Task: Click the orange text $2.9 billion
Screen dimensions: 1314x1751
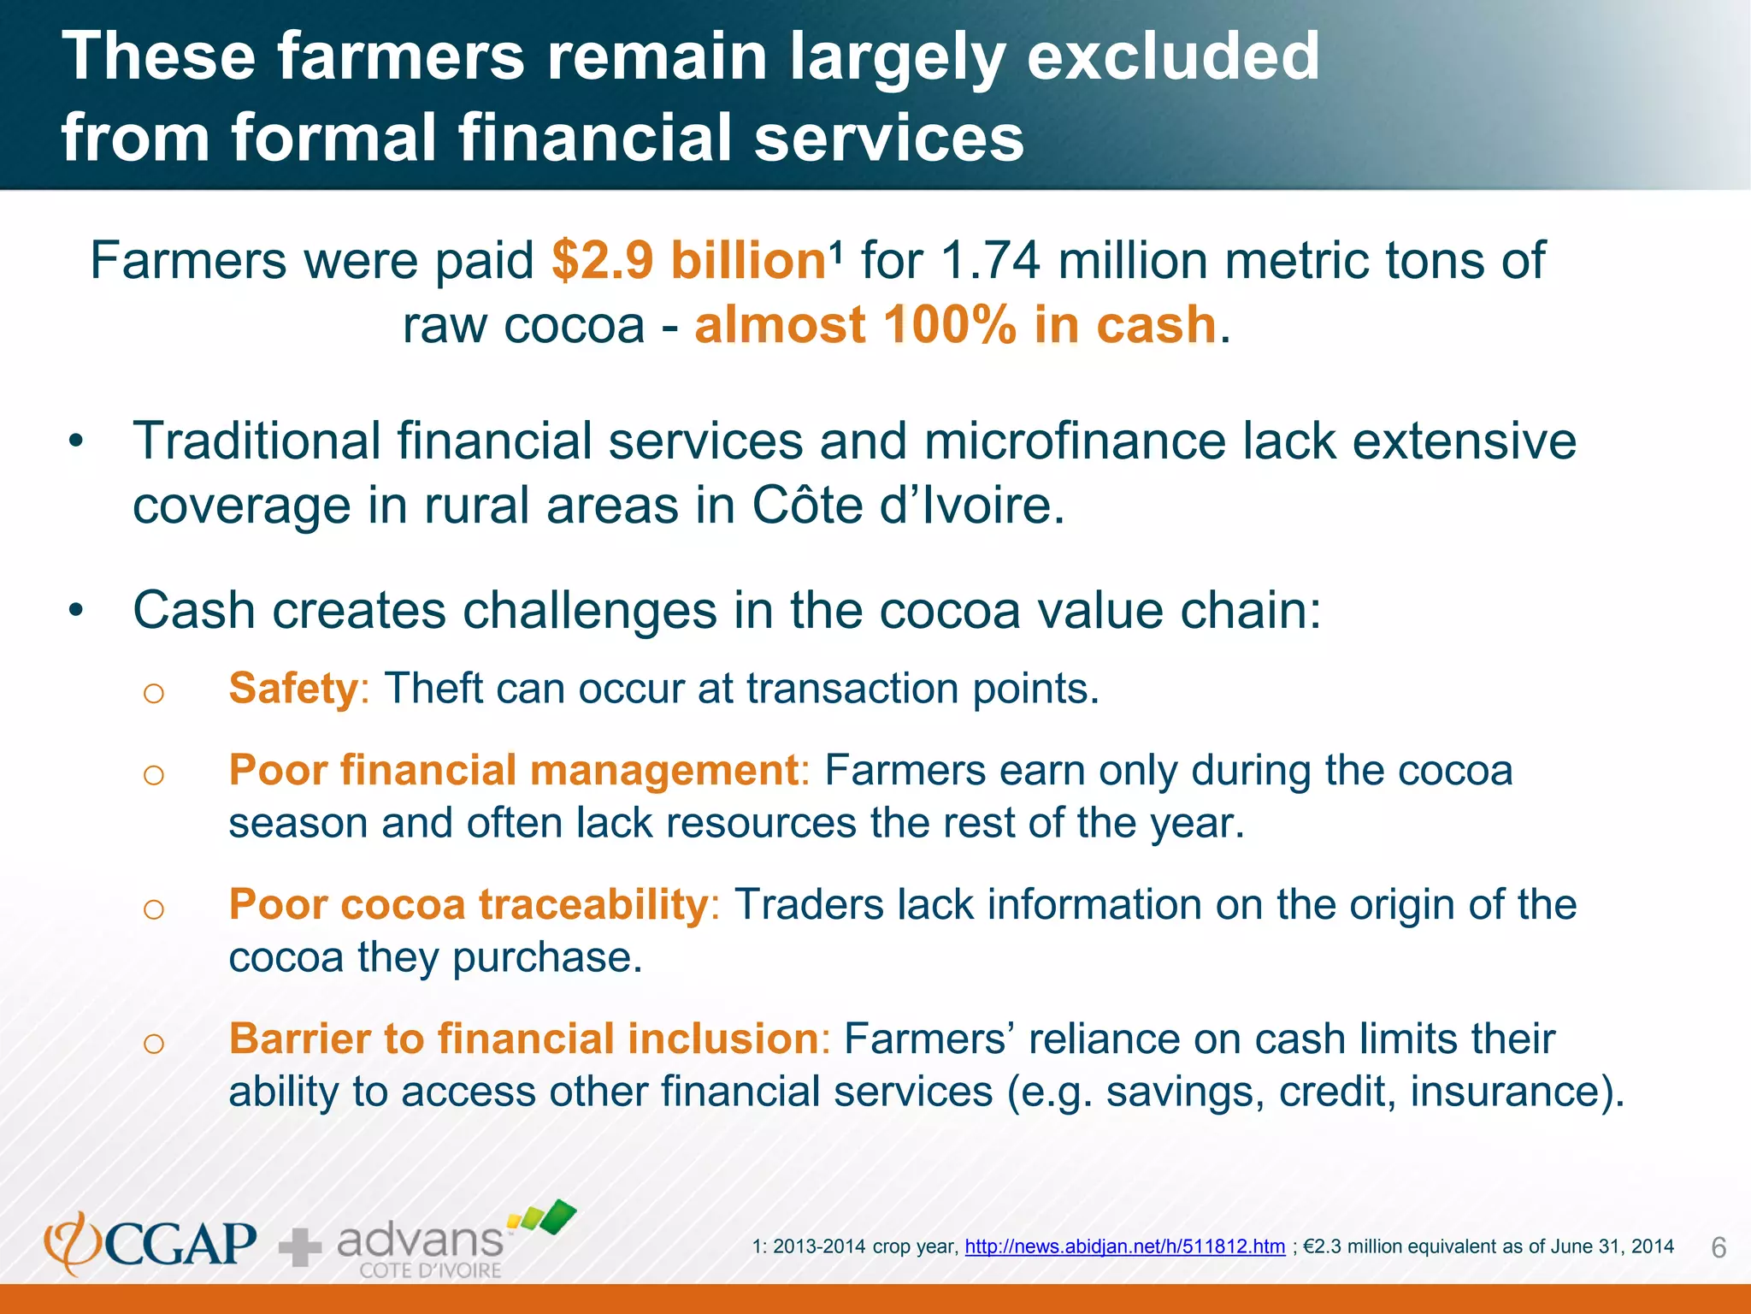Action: click(688, 261)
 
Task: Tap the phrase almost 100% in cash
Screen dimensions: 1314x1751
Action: click(955, 325)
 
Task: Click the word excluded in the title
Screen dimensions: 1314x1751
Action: click(1173, 56)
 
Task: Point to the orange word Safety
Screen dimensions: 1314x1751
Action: click(293, 689)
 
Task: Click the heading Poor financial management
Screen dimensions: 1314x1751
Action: click(514, 770)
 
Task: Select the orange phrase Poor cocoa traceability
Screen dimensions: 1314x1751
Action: click(469, 904)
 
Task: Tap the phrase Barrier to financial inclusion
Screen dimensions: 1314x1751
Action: click(524, 1039)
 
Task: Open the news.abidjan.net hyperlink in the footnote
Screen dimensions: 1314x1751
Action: click(1124, 1246)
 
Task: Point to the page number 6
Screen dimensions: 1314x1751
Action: click(1719, 1248)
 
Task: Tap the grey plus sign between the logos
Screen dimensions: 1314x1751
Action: click(300, 1246)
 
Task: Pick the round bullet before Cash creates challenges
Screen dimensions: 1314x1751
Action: click(77, 612)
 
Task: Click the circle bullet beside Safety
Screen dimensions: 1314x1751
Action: click(154, 692)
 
